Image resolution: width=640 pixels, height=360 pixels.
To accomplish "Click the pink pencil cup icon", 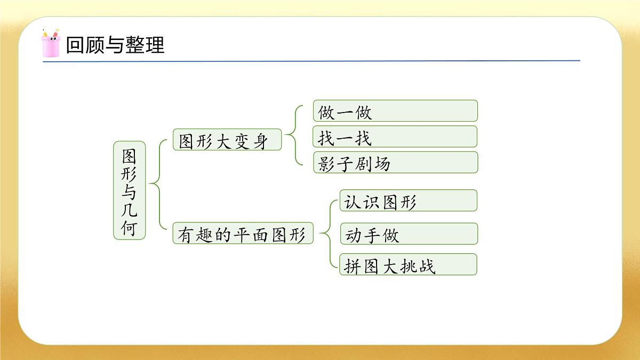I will (51, 44).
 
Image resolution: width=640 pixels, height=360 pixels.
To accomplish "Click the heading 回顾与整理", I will (115, 45).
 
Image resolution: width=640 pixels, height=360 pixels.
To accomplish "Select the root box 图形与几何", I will (129, 190).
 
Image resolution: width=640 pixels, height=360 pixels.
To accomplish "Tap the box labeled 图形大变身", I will (227, 140).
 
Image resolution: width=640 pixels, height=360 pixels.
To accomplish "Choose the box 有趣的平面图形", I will (243, 234).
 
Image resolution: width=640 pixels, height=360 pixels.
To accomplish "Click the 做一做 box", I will (395, 111).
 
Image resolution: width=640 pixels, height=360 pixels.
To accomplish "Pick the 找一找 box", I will (395, 137).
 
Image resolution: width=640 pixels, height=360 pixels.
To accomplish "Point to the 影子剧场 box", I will (395, 163).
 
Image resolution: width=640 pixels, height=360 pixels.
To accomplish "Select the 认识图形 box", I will (408, 201).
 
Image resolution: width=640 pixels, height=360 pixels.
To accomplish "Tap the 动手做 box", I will (408, 234).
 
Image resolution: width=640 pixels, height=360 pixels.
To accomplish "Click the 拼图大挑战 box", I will (408, 265).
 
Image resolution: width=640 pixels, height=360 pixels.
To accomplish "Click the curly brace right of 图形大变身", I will (292, 135).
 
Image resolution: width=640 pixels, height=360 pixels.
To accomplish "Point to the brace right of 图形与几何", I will (156, 185).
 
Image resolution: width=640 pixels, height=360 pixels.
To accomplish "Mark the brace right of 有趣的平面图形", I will (327, 233).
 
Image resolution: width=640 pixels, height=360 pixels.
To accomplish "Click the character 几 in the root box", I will (129, 210).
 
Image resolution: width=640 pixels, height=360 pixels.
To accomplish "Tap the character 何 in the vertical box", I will (129, 228).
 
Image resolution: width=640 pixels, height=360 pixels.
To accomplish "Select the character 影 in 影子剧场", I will (326, 163).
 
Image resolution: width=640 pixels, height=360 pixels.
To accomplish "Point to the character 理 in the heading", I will (155, 45).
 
